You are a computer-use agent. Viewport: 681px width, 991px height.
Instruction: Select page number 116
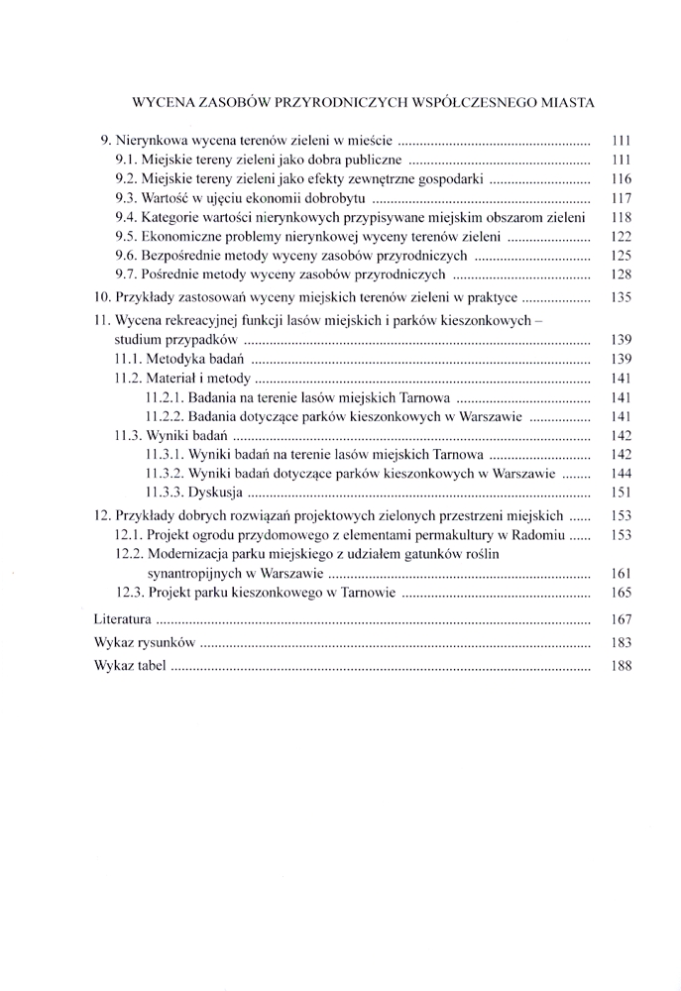pyautogui.click(x=622, y=178)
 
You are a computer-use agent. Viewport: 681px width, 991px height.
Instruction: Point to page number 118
pyautogui.click(x=622, y=217)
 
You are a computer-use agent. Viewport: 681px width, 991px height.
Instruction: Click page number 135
pyautogui.click(x=622, y=296)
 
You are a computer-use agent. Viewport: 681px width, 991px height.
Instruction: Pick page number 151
pyautogui.click(x=622, y=491)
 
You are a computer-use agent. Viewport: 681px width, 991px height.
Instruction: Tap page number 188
pyautogui.click(x=622, y=667)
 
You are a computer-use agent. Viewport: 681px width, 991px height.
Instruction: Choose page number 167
pyautogui.click(x=622, y=618)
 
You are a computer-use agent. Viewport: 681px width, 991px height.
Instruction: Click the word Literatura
pyautogui.click(x=123, y=618)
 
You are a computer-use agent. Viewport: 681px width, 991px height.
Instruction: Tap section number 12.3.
pyautogui.click(x=134, y=594)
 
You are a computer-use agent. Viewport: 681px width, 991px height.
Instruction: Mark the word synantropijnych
pyautogui.click(x=195, y=573)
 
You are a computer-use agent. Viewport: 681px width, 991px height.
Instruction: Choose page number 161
pyautogui.click(x=622, y=573)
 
